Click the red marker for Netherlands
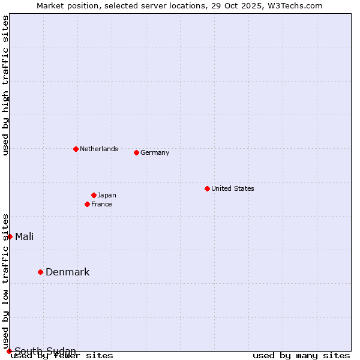(x=76, y=149)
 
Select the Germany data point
(x=136, y=152)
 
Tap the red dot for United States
(x=207, y=188)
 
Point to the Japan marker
(x=94, y=195)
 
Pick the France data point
(x=87, y=204)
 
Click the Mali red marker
(x=10, y=236)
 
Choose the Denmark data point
(x=40, y=272)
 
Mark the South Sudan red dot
(x=9, y=351)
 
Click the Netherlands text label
(x=98, y=149)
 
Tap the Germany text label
(x=155, y=152)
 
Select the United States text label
(x=232, y=188)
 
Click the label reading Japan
(x=107, y=195)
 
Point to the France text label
(x=101, y=204)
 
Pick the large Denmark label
(x=67, y=272)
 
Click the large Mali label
(x=24, y=236)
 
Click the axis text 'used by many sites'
(x=301, y=355)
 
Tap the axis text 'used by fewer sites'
(x=62, y=355)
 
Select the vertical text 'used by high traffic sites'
(x=5, y=85)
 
